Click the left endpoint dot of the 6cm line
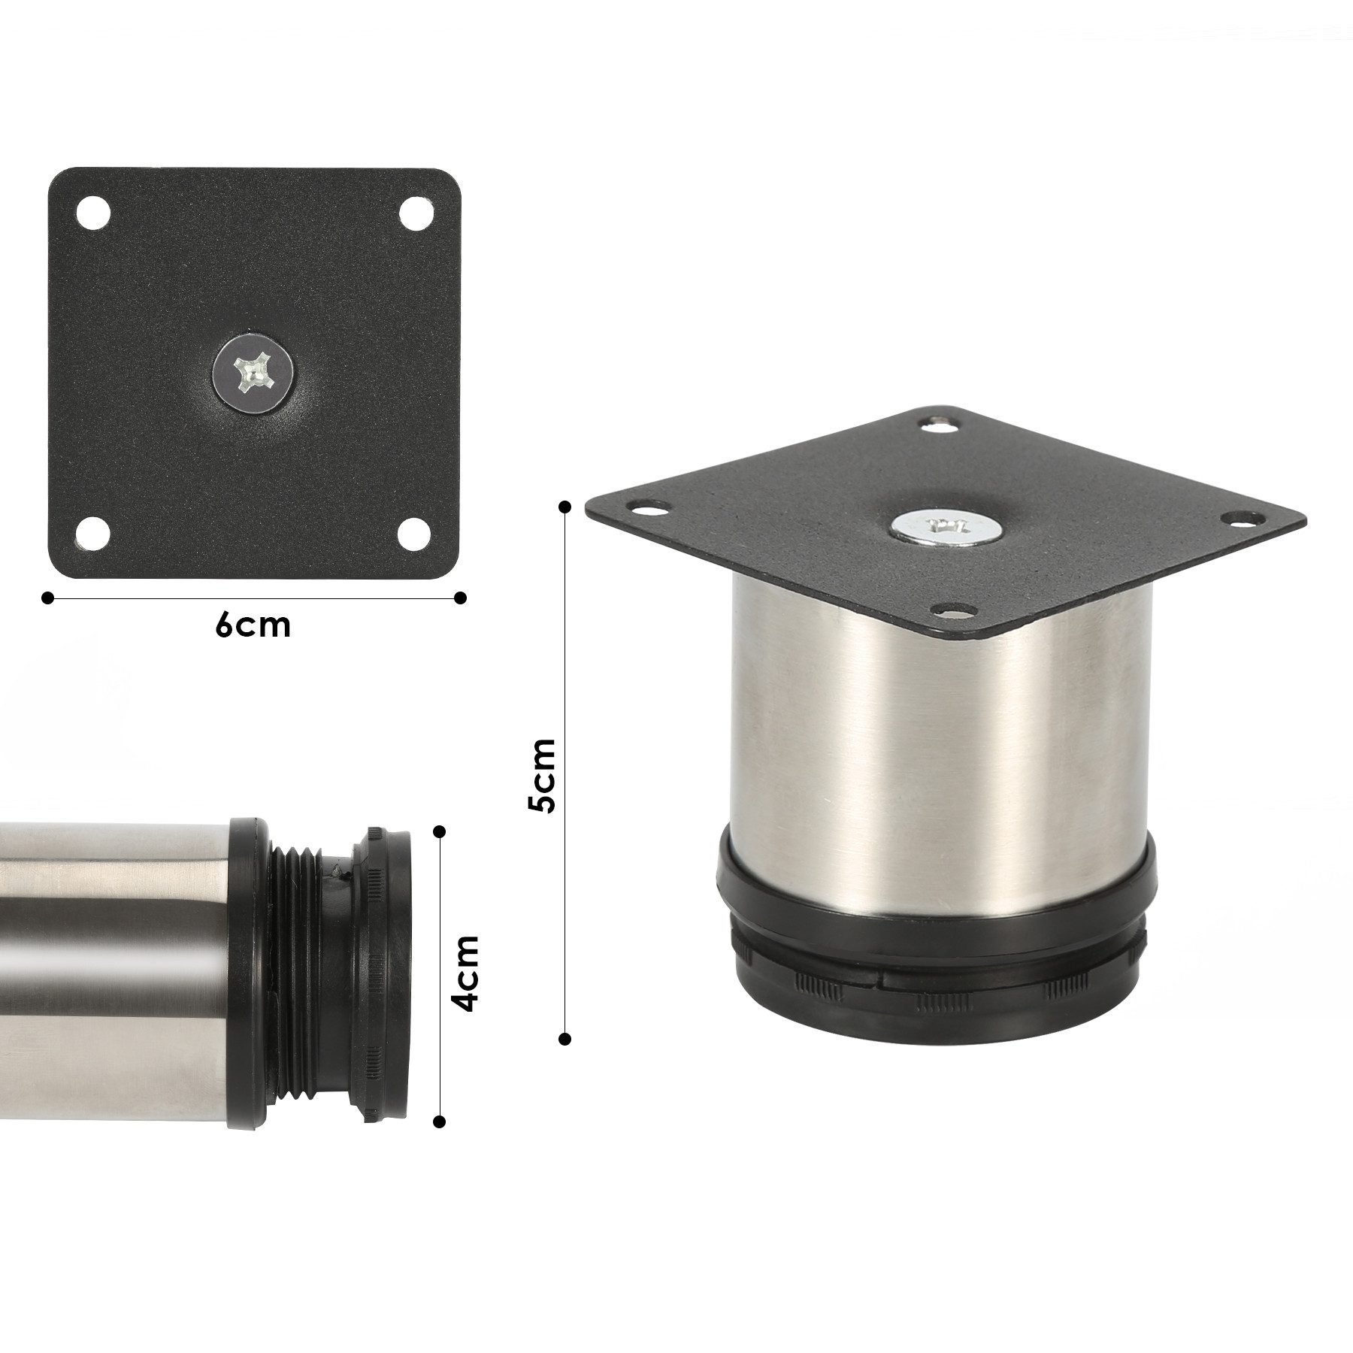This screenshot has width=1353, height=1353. coord(48,598)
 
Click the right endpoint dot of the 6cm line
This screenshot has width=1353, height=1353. coord(461,598)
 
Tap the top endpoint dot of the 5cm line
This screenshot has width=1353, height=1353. coord(565,508)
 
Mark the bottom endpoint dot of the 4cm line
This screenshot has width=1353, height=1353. coord(440,1121)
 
